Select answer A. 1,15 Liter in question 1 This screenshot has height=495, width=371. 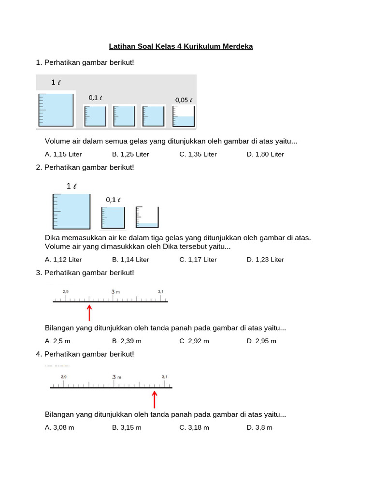[x=63, y=154]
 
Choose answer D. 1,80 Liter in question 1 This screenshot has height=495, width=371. [x=265, y=154]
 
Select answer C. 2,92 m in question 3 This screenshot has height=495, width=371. [x=194, y=341]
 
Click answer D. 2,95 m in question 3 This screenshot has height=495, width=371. [x=261, y=341]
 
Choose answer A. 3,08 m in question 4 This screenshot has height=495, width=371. [x=59, y=427]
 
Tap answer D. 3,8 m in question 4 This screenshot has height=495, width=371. [x=259, y=427]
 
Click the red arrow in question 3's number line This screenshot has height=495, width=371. [x=89, y=312]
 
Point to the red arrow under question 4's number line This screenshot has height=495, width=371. [x=155, y=399]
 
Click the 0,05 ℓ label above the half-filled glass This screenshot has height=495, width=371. [x=184, y=100]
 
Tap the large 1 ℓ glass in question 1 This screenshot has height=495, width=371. [x=56, y=110]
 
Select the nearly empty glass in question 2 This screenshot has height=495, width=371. [x=147, y=218]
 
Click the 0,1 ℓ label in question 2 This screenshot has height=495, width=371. [x=114, y=200]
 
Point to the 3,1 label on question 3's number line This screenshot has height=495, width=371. [x=161, y=291]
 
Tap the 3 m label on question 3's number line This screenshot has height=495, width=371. [x=115, y=291]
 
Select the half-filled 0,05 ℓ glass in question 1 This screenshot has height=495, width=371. [x=184, y=116]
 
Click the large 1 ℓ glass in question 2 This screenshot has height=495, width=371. [x=71, y=211]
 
